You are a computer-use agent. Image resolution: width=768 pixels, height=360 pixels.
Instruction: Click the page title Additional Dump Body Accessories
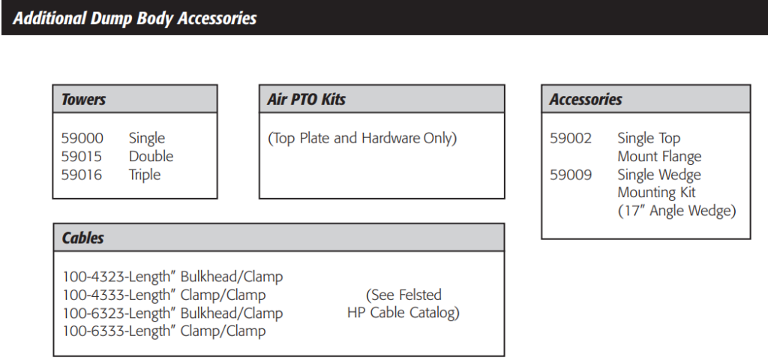(135, 18)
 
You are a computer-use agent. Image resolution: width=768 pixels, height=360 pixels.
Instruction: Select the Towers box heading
(83, 100)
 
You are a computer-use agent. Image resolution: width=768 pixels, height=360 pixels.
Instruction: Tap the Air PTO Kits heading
(306, 100)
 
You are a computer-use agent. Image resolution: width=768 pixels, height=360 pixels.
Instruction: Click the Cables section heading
(82, 238)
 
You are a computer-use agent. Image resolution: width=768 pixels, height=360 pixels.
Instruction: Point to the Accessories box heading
(585, 100)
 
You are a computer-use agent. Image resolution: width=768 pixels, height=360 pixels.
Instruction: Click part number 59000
(82, 138)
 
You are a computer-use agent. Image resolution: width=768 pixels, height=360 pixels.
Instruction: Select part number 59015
(82, 156)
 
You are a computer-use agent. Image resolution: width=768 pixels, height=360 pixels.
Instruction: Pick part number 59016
(82, 174)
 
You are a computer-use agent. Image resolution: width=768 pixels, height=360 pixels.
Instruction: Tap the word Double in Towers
(151, 156)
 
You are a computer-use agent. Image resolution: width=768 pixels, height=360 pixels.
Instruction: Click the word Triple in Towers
(145, 175)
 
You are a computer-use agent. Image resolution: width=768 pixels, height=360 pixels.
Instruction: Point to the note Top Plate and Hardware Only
(362, 138)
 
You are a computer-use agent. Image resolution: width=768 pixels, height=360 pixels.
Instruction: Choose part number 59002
(571, 138)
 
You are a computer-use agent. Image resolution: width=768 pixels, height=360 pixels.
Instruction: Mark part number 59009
(571, 175)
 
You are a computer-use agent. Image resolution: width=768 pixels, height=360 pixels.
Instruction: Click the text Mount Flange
(659, 157)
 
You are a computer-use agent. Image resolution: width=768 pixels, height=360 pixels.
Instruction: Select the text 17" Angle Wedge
(676, 211)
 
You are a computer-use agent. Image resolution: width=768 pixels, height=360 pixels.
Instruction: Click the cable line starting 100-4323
(173, 277)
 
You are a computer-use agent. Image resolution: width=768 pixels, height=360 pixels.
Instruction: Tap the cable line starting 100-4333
(164, 295)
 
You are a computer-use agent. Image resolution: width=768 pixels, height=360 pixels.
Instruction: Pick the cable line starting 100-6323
(173, 313)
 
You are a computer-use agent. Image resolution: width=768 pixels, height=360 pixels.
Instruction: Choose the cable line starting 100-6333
(164, 331)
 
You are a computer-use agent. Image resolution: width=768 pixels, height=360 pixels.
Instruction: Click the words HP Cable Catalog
(403, 313)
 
